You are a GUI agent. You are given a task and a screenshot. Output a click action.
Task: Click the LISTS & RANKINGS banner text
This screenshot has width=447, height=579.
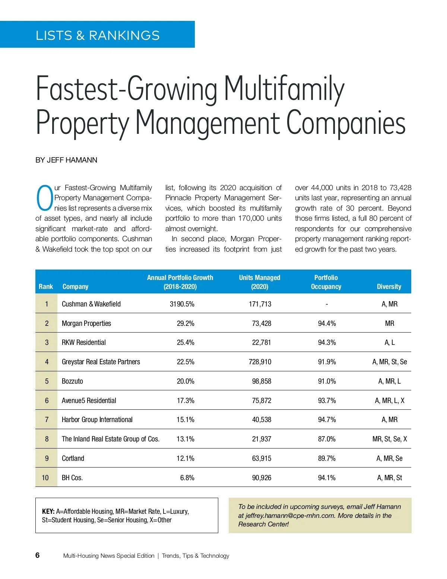click(98, 35)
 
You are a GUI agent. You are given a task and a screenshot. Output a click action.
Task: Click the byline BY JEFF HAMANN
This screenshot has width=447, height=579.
click(66, 160)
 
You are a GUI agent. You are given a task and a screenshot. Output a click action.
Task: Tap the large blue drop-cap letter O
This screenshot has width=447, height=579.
click(44, 198)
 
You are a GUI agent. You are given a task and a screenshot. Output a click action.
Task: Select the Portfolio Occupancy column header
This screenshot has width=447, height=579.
click(326, 282)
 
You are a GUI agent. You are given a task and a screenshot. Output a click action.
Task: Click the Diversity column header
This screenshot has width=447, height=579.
click(389, 286)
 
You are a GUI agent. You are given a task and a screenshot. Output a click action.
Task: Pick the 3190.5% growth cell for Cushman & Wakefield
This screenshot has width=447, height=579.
click(182, 304)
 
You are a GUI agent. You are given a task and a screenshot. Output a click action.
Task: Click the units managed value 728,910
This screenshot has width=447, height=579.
click(260, 362)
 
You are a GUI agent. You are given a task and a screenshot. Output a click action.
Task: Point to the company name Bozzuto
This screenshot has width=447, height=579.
click(72, 381)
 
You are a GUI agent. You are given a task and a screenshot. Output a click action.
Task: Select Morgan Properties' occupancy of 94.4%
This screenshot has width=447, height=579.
click(327, 323)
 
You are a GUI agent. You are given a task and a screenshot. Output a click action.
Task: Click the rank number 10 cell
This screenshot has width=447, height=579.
click(45, 478)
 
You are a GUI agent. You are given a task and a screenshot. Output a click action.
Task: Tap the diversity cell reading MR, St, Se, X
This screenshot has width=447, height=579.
click(390, 439)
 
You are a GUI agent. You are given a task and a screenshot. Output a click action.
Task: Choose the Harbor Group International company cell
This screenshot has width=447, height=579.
click(97, 419)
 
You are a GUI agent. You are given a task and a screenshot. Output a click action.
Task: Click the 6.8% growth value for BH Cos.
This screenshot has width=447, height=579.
click(187, 478)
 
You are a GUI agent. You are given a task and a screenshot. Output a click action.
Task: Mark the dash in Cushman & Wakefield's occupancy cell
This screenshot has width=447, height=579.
click(327, 304)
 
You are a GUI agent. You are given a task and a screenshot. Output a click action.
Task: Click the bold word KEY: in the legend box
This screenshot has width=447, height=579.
click(48, 511)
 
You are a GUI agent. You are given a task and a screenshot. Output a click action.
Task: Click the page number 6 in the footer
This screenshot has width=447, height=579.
click(37, 555)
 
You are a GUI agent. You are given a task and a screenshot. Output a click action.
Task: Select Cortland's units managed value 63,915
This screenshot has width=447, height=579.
click(261, 458)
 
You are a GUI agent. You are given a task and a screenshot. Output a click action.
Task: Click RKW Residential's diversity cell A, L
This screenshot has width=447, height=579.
click(390, 342)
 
